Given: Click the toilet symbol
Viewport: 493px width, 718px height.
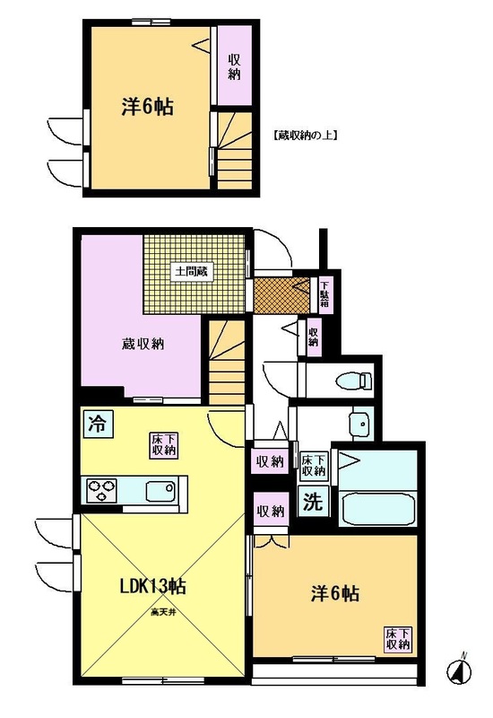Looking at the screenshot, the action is [x=354, y=381].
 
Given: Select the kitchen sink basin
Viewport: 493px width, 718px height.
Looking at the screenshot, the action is [x=160, y=491].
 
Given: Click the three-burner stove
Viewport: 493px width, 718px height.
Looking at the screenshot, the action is [x=101, y=491].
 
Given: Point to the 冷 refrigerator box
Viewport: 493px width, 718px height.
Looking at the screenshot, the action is [x=96, y=423].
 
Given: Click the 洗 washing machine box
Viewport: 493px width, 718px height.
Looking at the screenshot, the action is [x=313, y=502].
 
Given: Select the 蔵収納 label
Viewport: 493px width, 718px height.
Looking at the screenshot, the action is [x=143, y=344].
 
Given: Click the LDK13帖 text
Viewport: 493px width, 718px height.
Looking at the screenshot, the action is [x=152, y=586].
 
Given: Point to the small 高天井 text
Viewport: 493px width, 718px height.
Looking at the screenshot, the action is [x=163, y=611].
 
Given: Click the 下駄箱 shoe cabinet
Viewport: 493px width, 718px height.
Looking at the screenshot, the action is [x=325, y=295].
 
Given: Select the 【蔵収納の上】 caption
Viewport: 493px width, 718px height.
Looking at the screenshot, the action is [x=305, y=136].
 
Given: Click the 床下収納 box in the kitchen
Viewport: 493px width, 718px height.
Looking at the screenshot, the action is [x=165, y=444].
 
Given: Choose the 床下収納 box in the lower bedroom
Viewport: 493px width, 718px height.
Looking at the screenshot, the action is [x=398, y=640].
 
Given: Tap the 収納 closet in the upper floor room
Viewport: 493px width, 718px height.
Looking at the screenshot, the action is [x=234, y=66].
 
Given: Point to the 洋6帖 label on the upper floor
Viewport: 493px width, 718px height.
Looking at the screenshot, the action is [x=147, y=108].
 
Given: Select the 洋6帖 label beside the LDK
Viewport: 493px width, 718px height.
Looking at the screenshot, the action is [x=334, y=594].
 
